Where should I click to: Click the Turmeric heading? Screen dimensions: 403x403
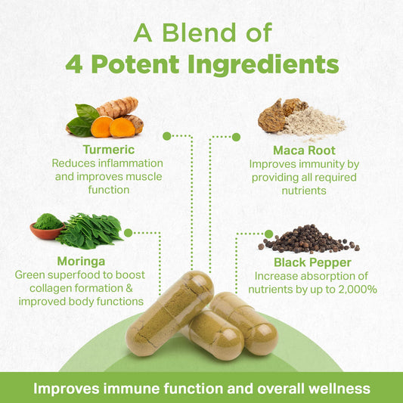109,150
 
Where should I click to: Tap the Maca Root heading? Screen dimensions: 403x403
304,150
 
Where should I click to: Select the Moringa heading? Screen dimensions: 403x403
81,262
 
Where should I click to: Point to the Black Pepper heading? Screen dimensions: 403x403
312,262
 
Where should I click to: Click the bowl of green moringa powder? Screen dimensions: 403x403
48,228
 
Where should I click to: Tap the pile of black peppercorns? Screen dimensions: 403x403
308,239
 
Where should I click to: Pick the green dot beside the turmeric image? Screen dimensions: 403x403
167,136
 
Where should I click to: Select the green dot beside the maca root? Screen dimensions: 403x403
236,137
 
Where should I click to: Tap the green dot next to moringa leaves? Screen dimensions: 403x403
128,233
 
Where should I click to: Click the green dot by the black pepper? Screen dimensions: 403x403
268,234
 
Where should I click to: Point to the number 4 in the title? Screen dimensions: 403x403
74,64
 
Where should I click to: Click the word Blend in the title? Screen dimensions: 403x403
199,33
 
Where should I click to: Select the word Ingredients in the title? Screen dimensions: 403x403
263,65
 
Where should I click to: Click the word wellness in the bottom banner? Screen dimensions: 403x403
339,389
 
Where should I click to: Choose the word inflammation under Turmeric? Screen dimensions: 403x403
131,163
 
